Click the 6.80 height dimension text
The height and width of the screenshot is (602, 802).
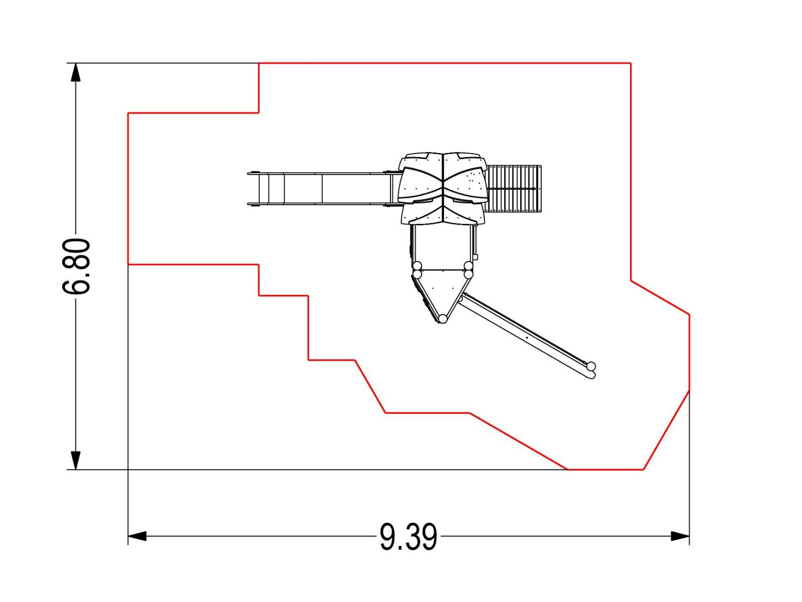click(x=76, y=266)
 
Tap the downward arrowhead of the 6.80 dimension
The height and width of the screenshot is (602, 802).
click(x=76, y=460)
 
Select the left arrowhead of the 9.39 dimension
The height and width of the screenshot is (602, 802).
click(x=137, y=536)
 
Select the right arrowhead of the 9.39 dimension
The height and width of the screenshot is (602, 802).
click(x=680, y=536)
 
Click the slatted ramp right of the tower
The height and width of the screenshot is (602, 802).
click(x=514, y=189)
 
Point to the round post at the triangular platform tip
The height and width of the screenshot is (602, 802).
click(x=443, y=319)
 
